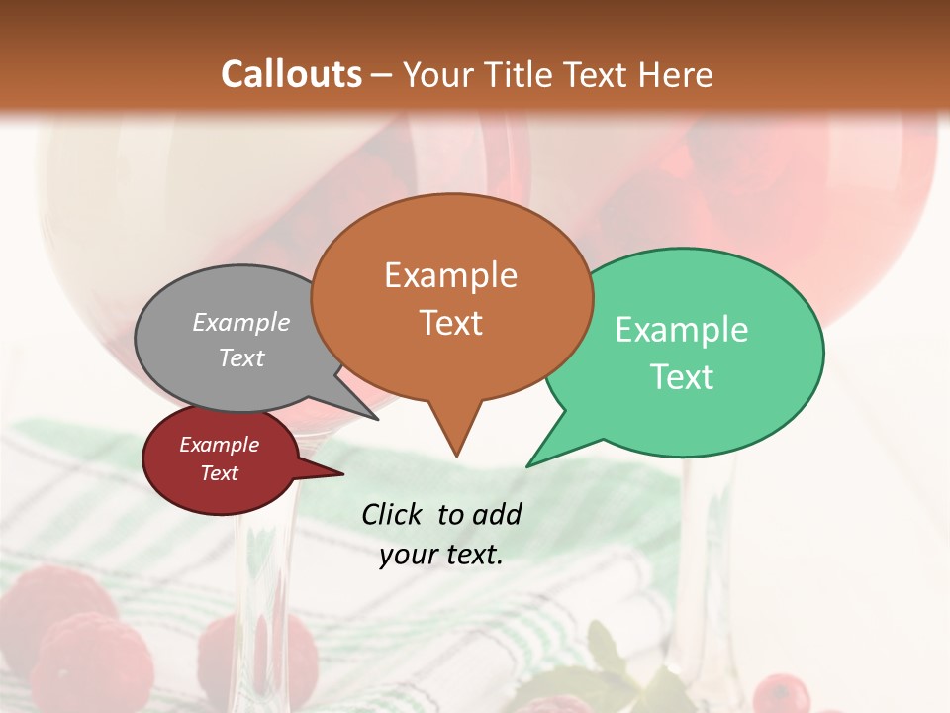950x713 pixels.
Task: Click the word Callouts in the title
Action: point(291,74)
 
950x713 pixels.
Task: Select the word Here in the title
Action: point(678,74)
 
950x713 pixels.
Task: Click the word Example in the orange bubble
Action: point(450,275)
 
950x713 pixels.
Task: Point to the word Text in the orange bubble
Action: point(450,323)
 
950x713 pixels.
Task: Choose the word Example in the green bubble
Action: point(682,330)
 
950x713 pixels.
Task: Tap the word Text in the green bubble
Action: point(682,377)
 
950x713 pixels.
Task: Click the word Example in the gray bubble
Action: point(241,322)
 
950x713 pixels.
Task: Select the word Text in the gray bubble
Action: point(241,357)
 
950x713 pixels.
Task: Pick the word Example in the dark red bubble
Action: point(219,445)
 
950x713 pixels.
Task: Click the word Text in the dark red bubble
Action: point(219,473)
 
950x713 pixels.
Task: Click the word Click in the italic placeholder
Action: point(394,514)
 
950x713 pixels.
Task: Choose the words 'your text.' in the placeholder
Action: point(440,555)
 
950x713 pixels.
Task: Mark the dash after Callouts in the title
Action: point(382,75)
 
